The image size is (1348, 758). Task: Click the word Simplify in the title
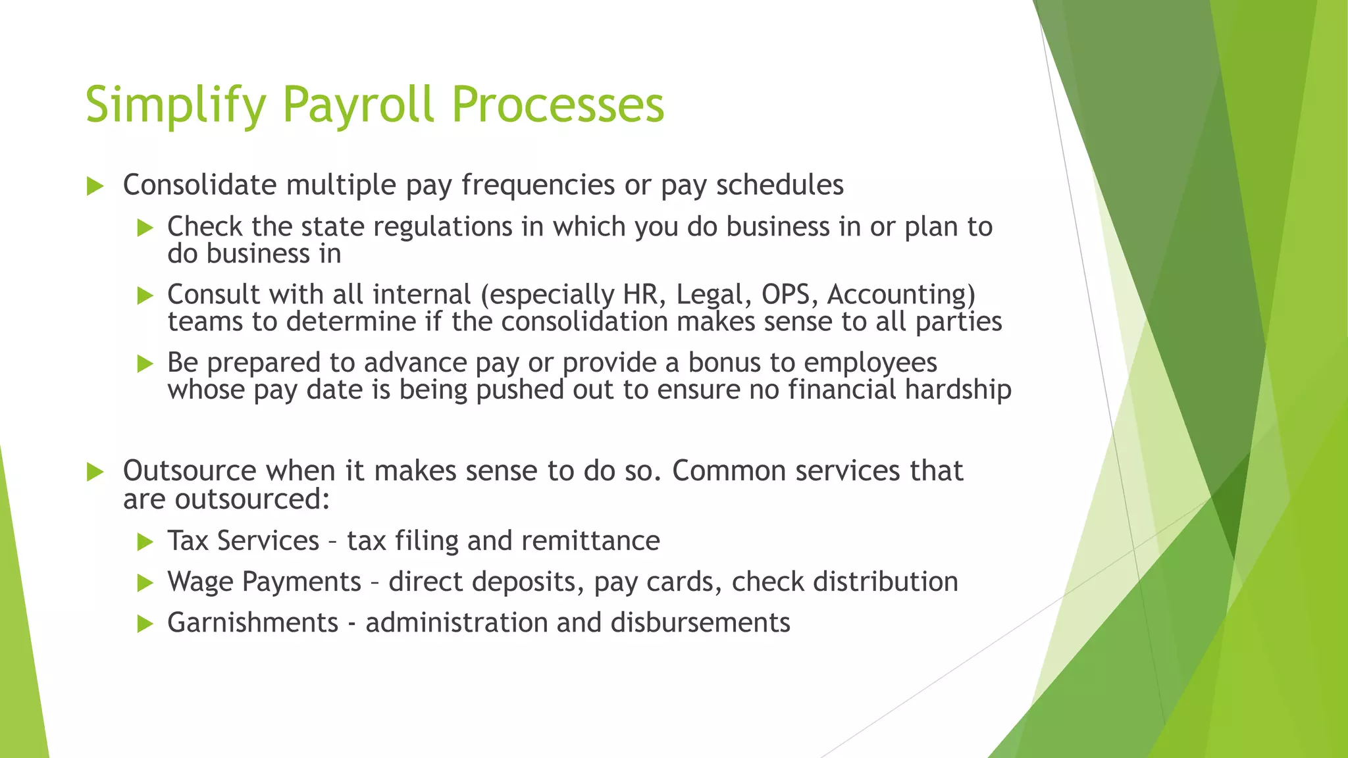tap(176, 105)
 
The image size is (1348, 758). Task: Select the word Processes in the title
tap(558, 105)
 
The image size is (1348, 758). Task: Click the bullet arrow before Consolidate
tap(95, 186)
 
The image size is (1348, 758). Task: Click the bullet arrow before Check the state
tap(145, 228)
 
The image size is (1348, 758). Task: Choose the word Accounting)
tap(901, 294)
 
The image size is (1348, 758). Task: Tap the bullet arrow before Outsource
tap(95, 472)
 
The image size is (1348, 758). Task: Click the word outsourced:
tap(252, 499)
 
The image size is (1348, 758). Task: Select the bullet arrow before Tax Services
tap(145, 542)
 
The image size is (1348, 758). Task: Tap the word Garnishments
tap(253, 623)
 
